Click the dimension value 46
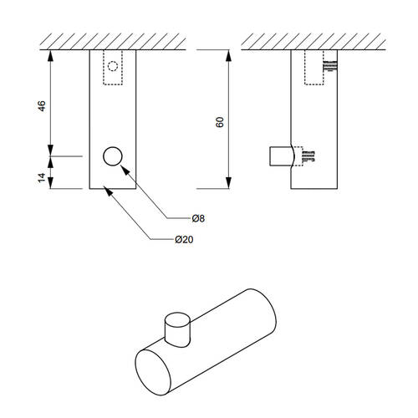(42, 106)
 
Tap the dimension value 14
(42, 177)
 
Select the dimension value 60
(220, 122)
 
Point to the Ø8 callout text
(198, 218)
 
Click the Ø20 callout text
(184, 239)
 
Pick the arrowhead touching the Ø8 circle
(125, 170)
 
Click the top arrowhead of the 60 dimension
(228, 55)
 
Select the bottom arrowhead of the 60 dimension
(228, 183)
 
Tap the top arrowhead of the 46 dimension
(50, 55)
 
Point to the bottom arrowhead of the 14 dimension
(50, 183)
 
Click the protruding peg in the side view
(281, 156)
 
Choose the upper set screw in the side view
(330, 66)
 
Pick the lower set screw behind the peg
(308, 156)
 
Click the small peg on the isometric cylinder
(177, 330)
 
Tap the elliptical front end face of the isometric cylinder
(153, 373)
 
